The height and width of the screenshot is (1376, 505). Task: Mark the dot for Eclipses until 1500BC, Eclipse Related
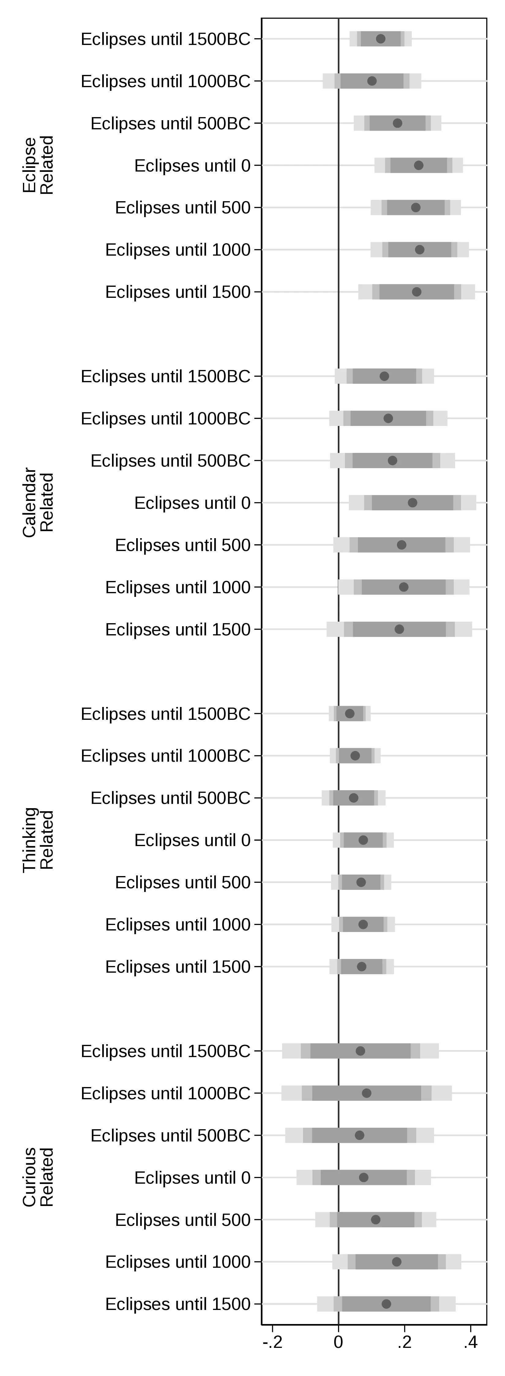tap(380, 39)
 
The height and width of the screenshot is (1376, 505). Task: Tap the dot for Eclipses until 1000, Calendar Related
tap(403, 587)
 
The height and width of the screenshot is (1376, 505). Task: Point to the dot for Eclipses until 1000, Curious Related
tap(397, 1262)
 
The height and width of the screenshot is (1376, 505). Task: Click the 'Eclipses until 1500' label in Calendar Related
tap(178, 629)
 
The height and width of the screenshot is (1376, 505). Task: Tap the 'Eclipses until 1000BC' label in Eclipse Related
tap(166, 81)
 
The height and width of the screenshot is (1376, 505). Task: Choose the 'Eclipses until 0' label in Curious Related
tap(193, 1177)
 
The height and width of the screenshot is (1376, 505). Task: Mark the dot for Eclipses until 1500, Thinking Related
tap(361, 966)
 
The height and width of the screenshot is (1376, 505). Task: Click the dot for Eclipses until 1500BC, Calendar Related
tap(384, 376)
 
